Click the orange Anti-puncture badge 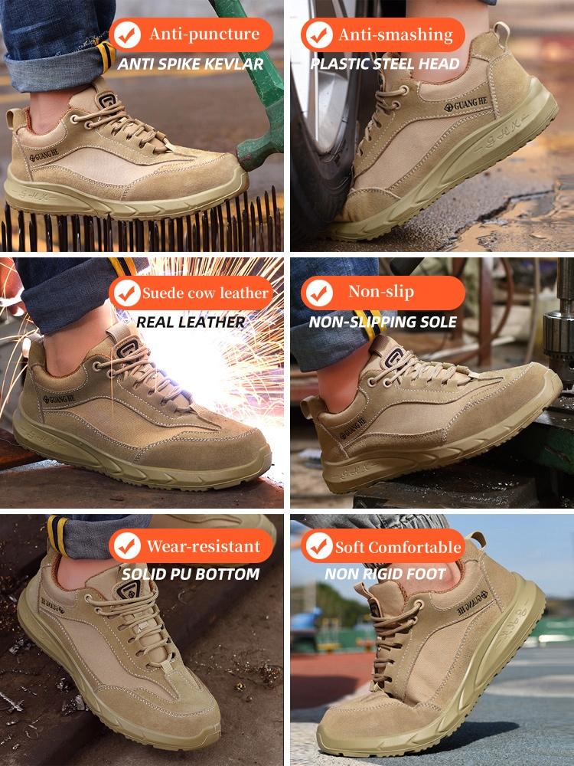(x=191, y=34)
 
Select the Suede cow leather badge (x=191, y=293)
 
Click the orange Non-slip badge (x=383, y=292)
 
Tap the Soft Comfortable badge (x=383, y=547)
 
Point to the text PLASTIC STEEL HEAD (x=385, y=64)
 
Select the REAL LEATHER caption (x=191, y=322)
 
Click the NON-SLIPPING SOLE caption (x=383, y=322)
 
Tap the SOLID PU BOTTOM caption (x=191, y=574)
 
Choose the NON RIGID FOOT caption (x=384, y=574)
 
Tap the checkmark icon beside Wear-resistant (x=126, y=547)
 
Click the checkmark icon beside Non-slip (x=318, y=292)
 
